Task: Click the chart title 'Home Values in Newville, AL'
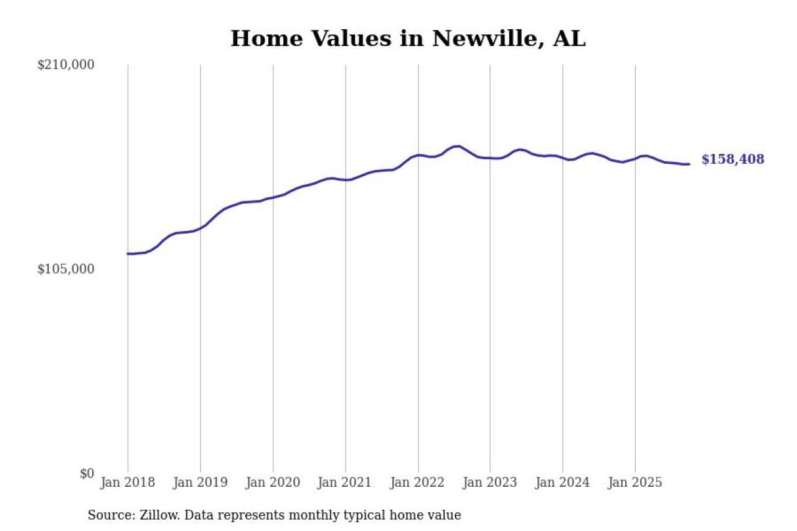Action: point(408,39)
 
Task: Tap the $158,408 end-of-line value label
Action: point(732,160)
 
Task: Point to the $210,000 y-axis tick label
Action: point(65,65)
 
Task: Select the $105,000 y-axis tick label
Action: point(65,269)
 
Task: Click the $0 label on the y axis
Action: point(87,473)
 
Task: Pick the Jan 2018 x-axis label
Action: point(128,482)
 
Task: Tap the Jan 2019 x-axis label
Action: point(200,482)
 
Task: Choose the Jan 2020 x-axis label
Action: point(273,482)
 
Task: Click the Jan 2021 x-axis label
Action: point(346,482)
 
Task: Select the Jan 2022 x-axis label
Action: point(418,482)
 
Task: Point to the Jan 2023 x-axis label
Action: point(490,482)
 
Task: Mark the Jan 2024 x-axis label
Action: point(563,482)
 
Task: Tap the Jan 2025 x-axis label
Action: point(635,482)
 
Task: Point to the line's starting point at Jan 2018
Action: point(128,253)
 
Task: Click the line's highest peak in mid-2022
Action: point(458,146)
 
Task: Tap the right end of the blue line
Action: point(689,164)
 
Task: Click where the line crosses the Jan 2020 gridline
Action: point(273,197)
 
